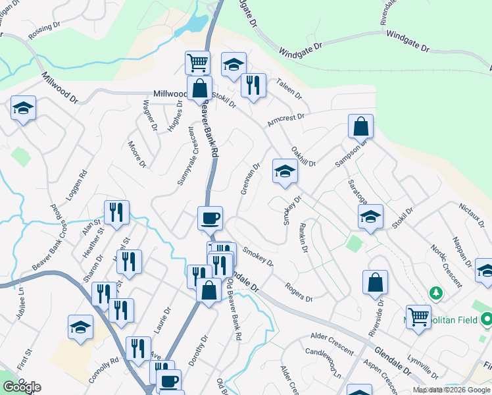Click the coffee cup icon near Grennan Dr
pos(210,217)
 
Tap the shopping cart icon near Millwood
pos(197,63)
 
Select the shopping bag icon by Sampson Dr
pos(360,126)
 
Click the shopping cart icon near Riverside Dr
pos(418,317)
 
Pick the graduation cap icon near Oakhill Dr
pos(285,171)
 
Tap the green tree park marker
pos(435,292)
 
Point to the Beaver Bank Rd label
pos(210,128)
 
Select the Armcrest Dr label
pos(286,120)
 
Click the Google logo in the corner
pos(21,387)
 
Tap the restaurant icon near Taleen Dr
pos(253,85)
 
